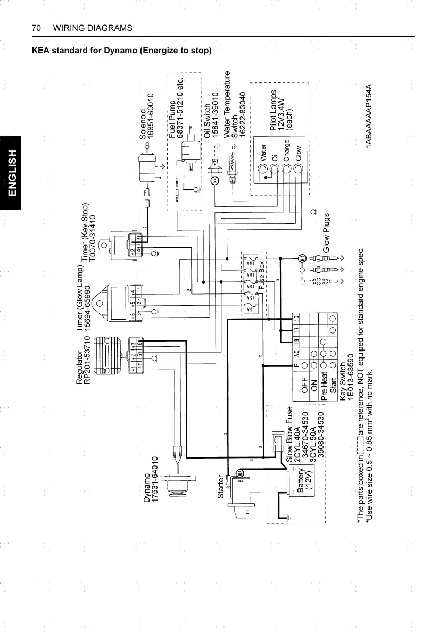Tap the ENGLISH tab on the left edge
11,173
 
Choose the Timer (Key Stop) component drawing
128,244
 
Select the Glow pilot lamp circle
299,169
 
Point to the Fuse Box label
262,274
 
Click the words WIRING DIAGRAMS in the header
93,28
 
